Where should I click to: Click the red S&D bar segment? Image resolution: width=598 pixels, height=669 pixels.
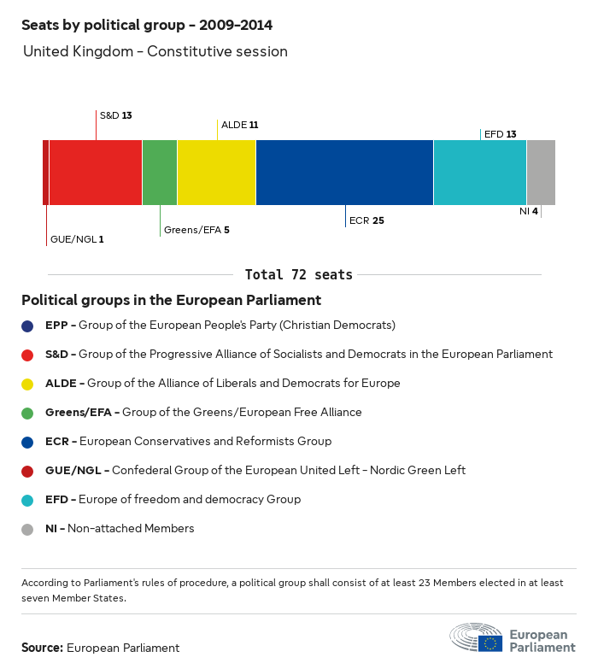[x=95, y=173]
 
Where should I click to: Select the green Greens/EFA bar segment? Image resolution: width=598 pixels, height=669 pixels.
[x=160, y=173]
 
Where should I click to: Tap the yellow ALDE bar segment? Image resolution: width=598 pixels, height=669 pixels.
[x=216, y=173]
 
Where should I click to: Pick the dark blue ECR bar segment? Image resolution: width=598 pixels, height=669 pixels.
[x=344, y=173]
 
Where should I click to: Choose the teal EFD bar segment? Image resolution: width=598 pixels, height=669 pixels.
[x=479, y=173]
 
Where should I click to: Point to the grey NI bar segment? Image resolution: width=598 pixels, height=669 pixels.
[x=541, y=173]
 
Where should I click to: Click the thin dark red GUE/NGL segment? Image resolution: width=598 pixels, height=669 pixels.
[x=45, y=173]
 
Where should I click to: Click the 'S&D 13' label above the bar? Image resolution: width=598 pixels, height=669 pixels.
[x=115, y=114]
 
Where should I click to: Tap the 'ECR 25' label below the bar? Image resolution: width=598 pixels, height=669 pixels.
[x=366, y=220]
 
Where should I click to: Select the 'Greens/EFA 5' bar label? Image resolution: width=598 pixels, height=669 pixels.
[x=196, y=230]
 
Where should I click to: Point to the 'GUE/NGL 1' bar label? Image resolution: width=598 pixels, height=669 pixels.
[x=77, y=239]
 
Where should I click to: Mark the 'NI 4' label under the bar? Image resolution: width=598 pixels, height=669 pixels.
[x=528, y=211]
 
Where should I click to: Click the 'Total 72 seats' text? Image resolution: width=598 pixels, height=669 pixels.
[x=298, y=274]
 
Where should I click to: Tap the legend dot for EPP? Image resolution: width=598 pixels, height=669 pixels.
[x=28, y=326]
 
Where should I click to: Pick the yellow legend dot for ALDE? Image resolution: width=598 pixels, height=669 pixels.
[x=28, y=384]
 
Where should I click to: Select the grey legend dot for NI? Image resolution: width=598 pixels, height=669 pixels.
[x=28, y=529]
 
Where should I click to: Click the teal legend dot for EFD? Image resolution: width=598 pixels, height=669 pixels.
[x=28, y=500]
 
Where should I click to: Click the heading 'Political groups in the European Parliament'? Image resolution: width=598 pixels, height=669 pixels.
[x=171, y=300]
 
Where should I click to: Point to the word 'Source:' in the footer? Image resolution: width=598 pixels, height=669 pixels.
[x=42, y=648]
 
